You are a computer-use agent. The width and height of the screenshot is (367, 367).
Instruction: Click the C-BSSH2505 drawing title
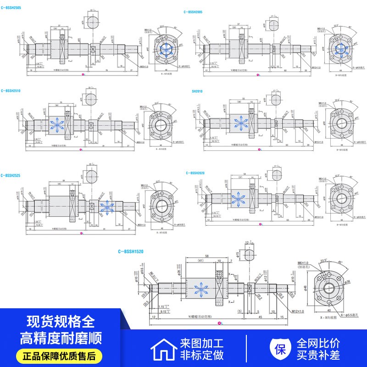point(11,8)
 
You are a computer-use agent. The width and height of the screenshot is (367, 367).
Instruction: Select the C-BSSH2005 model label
point(193,12)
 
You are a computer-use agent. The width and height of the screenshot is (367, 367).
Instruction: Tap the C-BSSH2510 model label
point(11,91)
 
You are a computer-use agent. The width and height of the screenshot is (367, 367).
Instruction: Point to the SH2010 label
point(197,91)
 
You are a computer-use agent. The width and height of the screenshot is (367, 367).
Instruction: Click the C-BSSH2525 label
point(11,175)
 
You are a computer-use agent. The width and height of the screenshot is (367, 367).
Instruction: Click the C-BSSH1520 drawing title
point(131,251)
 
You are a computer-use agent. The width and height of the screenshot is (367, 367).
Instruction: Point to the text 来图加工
point(201,343)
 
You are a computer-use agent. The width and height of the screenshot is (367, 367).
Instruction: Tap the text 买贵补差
point(318,355)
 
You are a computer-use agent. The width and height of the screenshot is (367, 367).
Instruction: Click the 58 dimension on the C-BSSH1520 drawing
point(208,256)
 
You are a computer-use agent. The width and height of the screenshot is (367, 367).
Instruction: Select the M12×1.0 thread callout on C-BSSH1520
point(297,311)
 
